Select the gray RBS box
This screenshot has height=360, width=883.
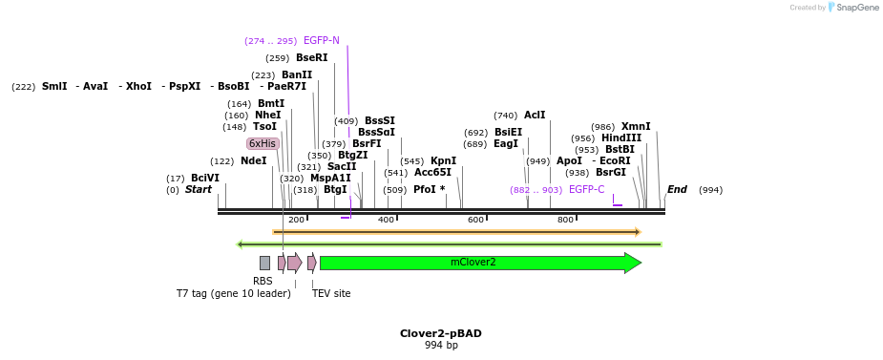pos(264,263)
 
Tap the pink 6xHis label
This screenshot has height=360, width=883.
pos(263,143)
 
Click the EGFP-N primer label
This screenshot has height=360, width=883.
pos(321,41)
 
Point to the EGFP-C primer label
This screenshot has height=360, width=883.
pos(586,190)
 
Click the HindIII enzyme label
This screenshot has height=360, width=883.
pos(620,138)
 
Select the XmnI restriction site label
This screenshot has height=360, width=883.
pos(635,127)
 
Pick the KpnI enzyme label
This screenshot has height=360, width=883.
pos(443,161)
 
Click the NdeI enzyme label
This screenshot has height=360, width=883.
pos(253,161)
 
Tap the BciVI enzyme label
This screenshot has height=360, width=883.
pos(204,179)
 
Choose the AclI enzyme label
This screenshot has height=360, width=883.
pos(535,116)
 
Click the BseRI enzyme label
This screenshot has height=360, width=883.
pos(311,58)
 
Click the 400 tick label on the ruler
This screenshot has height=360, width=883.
pos(386,220)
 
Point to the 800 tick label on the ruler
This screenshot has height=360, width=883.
pos(565,220)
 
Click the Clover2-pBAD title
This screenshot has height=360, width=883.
pos(440,333)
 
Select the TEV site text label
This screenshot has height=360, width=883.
pos(331,293)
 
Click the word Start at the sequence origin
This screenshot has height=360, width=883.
pos(199,190)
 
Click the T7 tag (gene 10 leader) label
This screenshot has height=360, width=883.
pos(233,293)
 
